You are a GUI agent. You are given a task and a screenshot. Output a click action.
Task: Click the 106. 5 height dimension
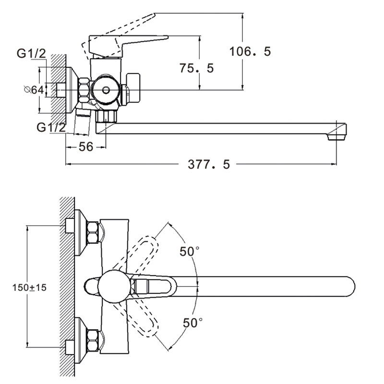click(251, 51)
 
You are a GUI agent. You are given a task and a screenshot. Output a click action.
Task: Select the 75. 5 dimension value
click(196, 68)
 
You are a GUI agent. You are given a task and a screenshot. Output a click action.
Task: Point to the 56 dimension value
click(85, 147)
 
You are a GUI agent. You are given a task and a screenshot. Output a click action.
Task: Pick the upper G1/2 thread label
click(31, 54)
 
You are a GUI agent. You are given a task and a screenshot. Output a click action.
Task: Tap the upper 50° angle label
click(189, 251)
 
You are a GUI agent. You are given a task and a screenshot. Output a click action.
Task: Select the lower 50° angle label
click(192, 323)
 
